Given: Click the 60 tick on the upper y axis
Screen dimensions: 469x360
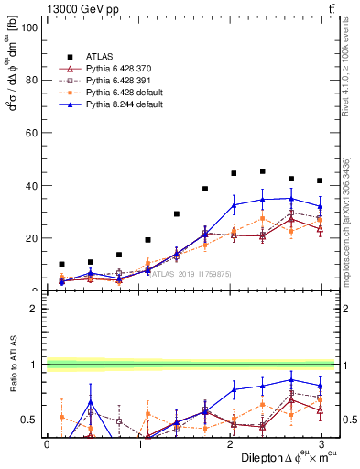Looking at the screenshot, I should click(33, 133).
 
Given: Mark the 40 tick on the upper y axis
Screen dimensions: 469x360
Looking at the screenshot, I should click(33, 185).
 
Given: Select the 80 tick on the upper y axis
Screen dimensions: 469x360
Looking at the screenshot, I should click(33, 80).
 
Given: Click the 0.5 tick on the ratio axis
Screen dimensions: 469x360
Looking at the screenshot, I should click(30, 420).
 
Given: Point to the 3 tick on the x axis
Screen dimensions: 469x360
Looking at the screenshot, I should click(321, 444).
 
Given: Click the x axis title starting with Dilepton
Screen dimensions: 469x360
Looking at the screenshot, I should click(286, 457).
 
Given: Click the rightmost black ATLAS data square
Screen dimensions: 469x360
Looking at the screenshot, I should click(320, 180).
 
